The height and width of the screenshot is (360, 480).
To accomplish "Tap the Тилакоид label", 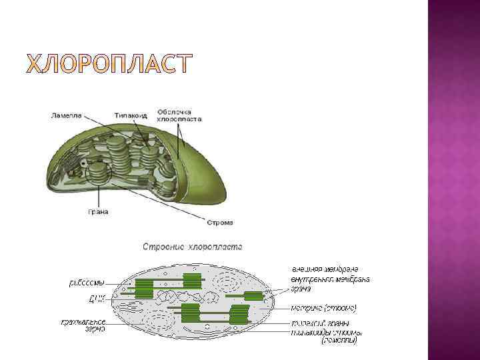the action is (x=130, y=115).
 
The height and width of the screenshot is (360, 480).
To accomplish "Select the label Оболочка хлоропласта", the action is (x=179, y=115).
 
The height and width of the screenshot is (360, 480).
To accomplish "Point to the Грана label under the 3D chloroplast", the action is (x=98, y=212).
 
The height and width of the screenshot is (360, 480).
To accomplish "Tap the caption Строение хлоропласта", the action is (x=193, y=247).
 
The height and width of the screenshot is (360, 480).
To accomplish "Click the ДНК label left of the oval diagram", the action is (x=97, y=299).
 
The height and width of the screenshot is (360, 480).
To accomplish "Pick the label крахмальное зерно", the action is (x=84, y=325).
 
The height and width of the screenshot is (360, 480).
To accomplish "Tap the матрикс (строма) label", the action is (x=324, y=309).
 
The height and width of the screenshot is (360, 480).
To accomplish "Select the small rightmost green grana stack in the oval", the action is (x=253, y=295).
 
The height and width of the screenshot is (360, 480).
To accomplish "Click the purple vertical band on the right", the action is (x=453, y=180).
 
